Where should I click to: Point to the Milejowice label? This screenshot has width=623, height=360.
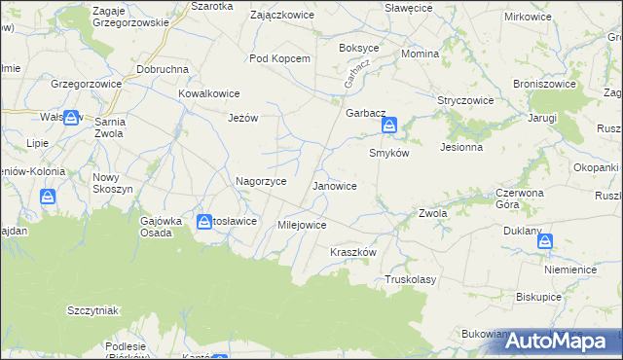point(302,225)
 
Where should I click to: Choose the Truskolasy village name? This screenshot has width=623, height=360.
point(410,279)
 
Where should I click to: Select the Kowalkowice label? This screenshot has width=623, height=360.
point(209,93)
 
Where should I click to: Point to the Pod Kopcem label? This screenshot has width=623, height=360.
point(279,58)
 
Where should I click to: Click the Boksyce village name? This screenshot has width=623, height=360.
point(358,48)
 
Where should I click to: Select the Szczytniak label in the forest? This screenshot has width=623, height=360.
point(92,310)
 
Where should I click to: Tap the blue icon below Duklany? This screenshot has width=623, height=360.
point(544,240)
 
